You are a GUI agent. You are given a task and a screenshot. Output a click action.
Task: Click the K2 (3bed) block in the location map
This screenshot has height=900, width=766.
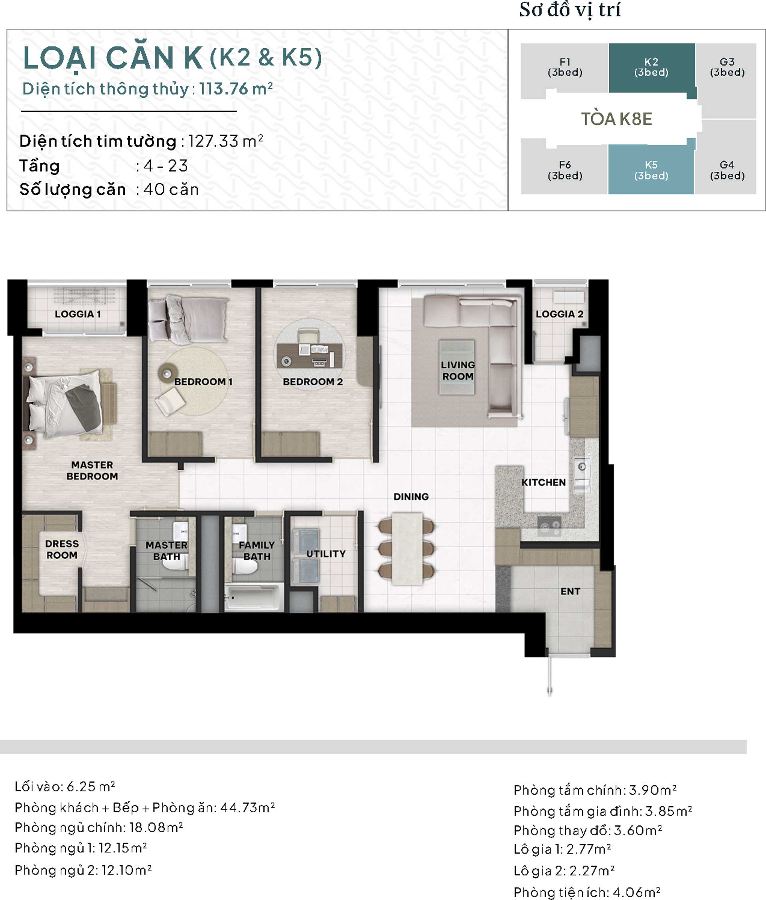(x=651, y=68)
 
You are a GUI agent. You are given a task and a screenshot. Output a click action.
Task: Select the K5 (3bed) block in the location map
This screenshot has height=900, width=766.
(x=651, y=169)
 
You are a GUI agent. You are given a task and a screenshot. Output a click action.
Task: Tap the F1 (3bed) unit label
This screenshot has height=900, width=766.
(x=565, y=67)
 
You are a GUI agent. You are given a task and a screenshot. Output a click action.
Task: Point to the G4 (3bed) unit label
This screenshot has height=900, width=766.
(x=727, y=170)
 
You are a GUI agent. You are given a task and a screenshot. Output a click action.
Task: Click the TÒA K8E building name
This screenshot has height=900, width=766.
(x=617, y=119)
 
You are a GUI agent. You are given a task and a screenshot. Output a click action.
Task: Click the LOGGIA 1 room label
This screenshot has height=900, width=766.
(x=78, y=314)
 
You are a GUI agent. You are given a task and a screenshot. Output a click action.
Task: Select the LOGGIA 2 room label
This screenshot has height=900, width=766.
(x=559, y=314)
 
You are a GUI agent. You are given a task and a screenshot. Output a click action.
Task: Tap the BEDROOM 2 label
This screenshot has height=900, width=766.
(x=313, y=382)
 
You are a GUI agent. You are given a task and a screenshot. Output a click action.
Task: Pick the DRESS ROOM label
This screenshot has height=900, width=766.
(x=62, y=550)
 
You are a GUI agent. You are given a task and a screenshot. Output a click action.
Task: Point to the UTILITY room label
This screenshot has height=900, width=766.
(x=326, y=554)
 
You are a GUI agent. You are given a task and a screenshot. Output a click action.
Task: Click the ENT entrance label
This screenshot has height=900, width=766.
(x=570, y=591)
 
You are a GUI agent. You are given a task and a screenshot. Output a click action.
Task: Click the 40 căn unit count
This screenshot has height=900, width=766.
(x=171, y=190)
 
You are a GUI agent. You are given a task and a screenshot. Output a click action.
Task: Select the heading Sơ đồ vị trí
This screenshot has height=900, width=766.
(x=570, y=10)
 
